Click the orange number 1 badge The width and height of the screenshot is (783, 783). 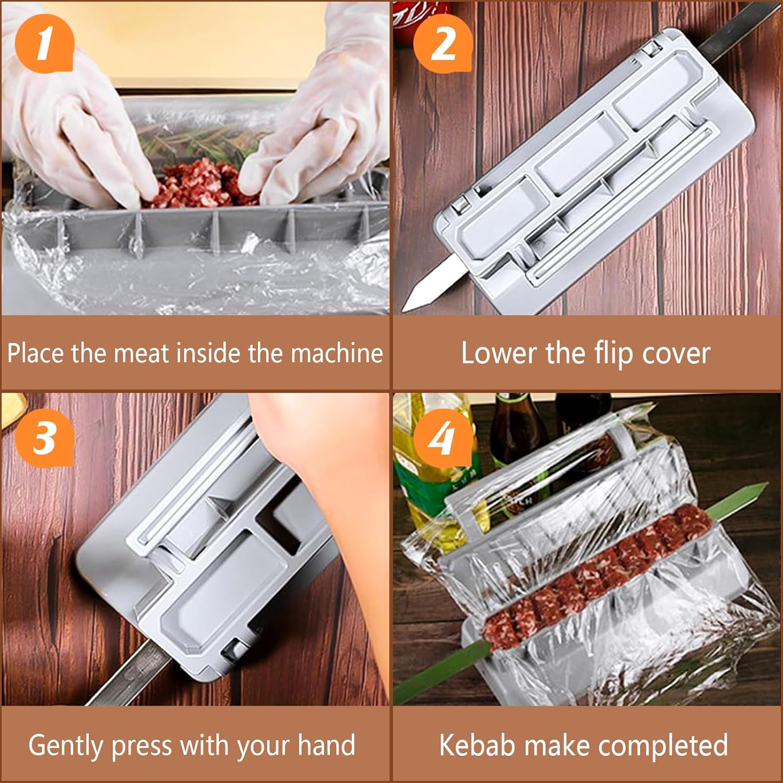44,43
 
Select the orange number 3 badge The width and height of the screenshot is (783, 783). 44,436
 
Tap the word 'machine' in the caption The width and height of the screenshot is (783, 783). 337,353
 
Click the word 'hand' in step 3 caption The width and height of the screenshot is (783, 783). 326,745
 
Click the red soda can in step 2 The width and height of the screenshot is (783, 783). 410,18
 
